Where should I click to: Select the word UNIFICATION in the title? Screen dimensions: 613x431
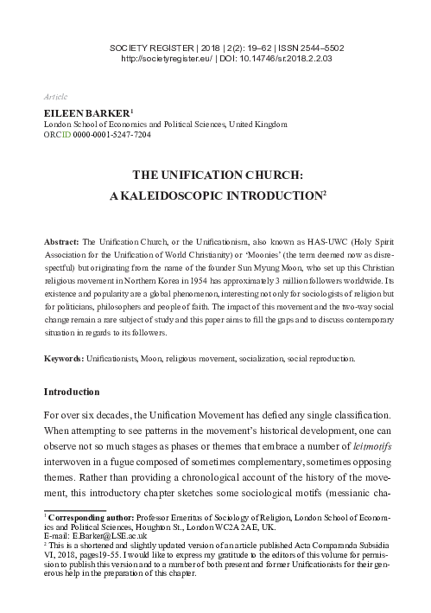[x=211, y=173]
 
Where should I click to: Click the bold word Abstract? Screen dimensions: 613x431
[x=62, y=237]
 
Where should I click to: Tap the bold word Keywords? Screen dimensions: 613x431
[x=64, y=358]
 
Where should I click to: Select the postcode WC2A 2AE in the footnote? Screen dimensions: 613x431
[x=263, y=527]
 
